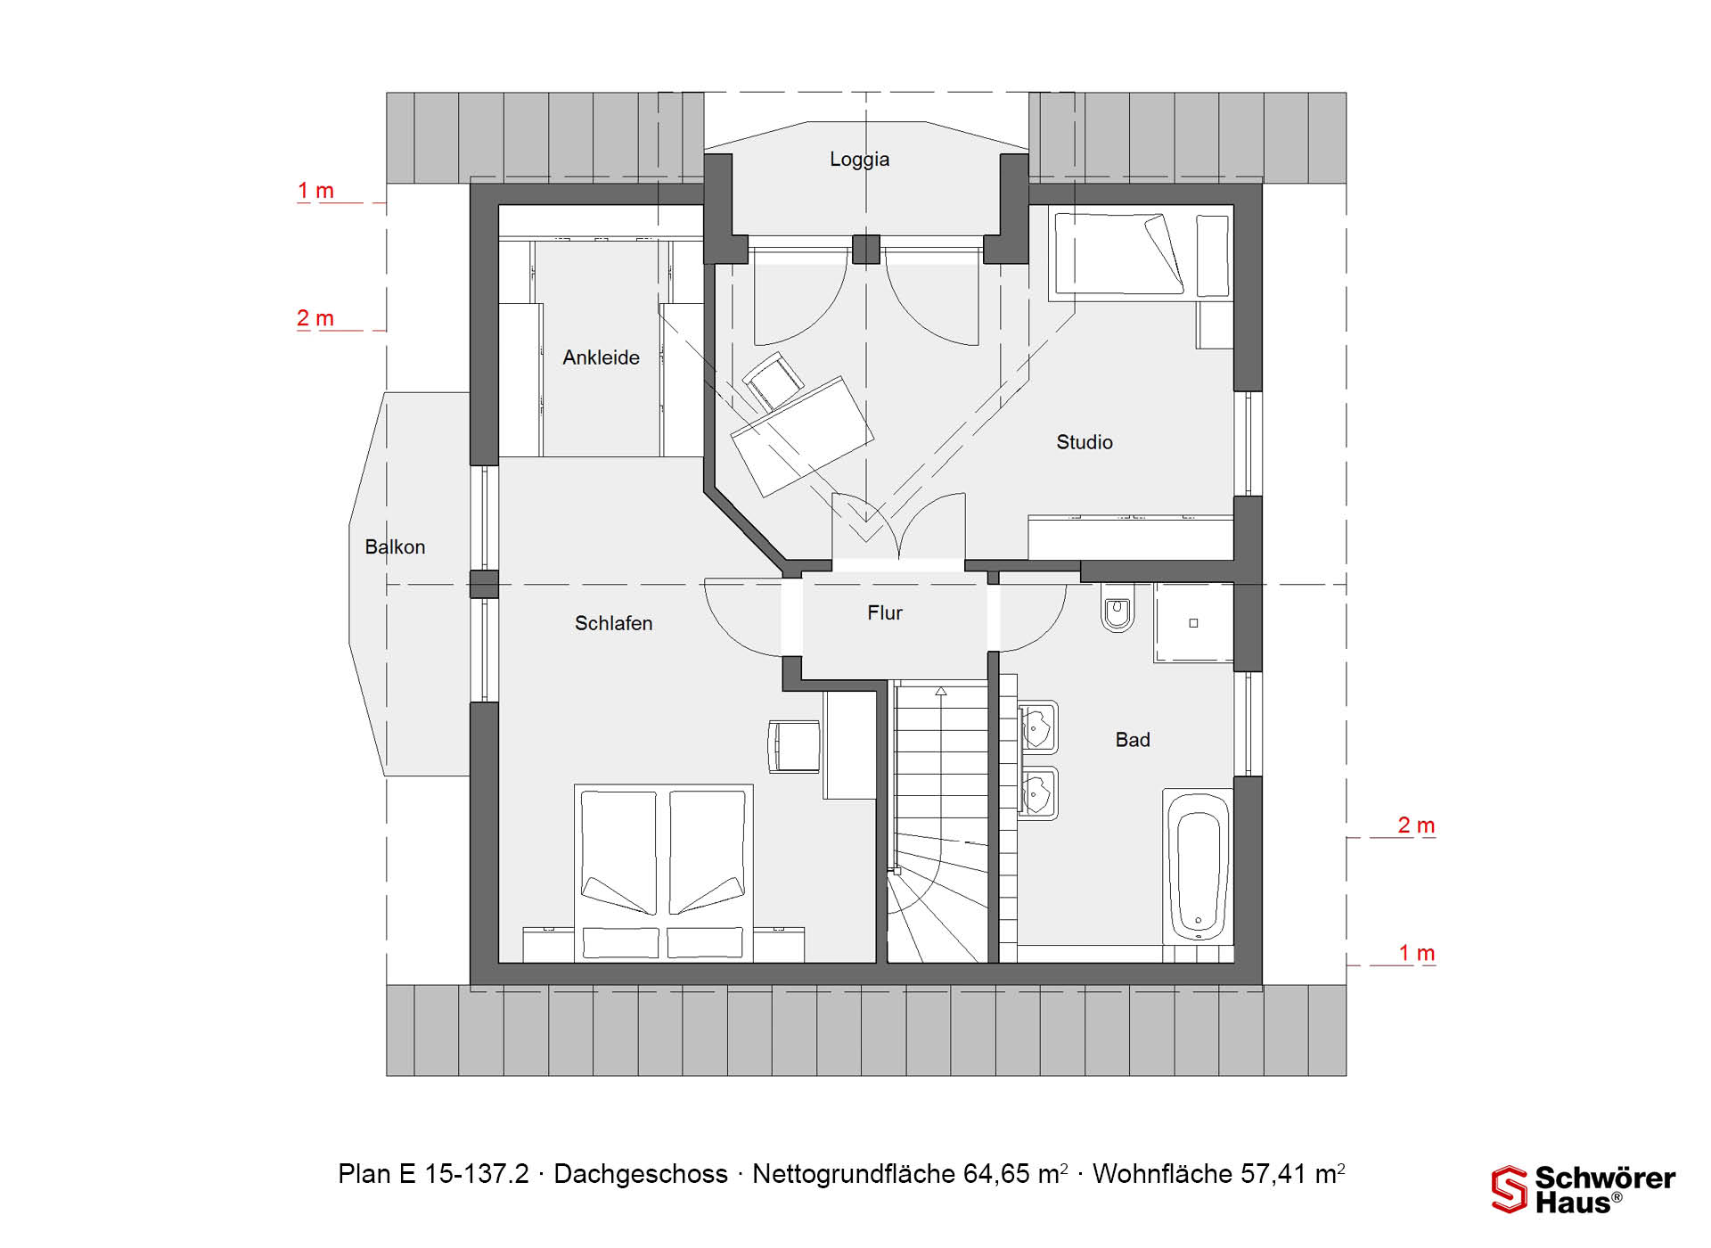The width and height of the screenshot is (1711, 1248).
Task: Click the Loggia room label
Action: click(859, 160)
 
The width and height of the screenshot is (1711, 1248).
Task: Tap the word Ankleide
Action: click(601, 357)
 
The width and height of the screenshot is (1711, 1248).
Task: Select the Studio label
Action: click(1085, 442)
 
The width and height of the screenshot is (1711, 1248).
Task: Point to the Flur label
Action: click(885, 613)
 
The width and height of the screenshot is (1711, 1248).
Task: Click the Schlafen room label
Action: click(613, 623)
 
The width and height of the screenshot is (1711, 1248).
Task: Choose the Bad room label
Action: click(1133, 740)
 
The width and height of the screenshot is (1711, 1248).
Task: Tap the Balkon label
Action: click(395, 546)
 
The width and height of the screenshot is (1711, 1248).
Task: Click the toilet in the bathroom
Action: click(1117, 610)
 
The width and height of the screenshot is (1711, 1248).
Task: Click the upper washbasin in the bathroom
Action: click(1037, 727)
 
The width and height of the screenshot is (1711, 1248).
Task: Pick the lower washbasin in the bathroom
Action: click(1037, 793)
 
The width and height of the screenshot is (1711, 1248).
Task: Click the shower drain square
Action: click(1193, 623)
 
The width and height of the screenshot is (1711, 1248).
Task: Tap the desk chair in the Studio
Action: click(773, 381)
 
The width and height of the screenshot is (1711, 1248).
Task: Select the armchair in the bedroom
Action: click(793, 746)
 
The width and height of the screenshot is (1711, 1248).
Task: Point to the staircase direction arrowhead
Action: click(941, 691)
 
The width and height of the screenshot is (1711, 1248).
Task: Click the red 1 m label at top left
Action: click(315, 191)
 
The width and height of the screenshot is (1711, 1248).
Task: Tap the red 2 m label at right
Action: click(1416, 825)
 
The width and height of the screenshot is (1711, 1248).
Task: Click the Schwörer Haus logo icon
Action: click(1509, 1189)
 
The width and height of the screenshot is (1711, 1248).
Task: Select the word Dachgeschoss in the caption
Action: click(641, 1174)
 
